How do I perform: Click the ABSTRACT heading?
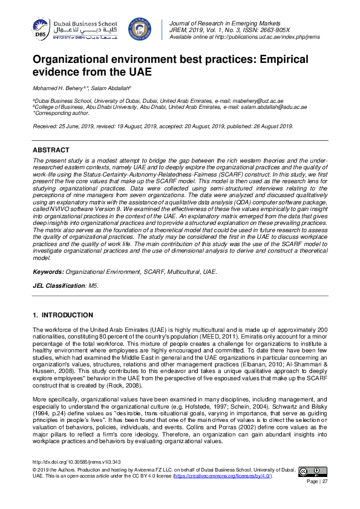point(51,149)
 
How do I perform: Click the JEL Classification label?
point(59,285)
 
